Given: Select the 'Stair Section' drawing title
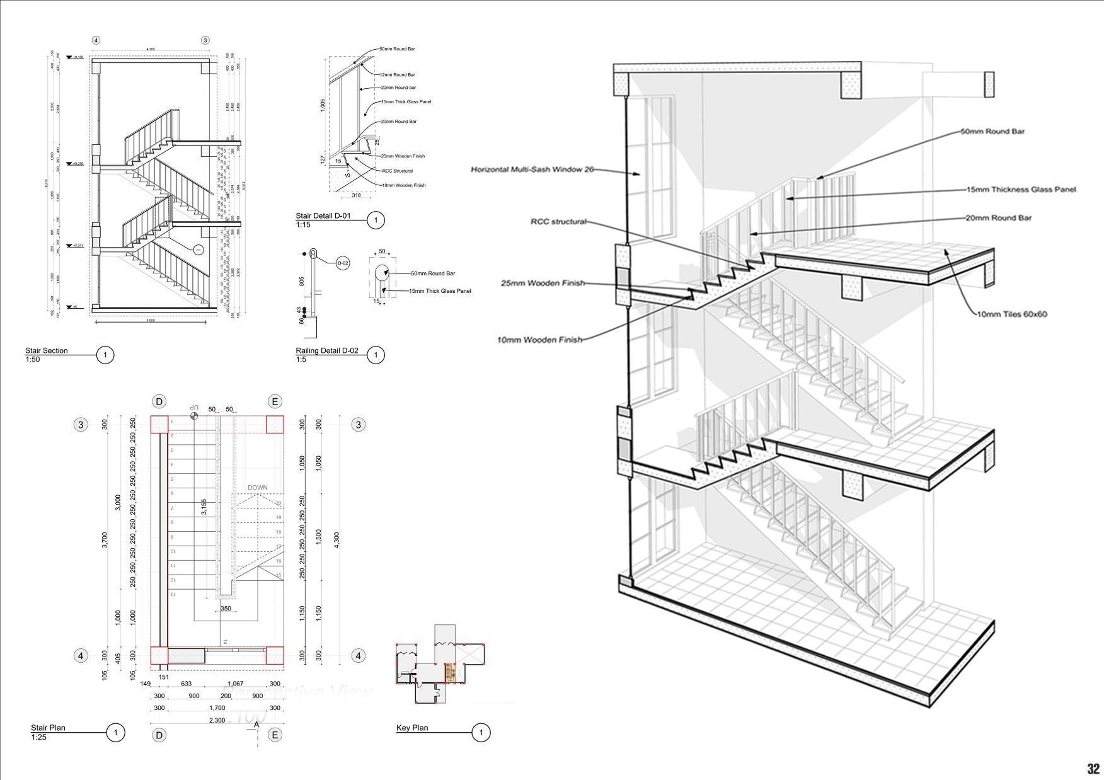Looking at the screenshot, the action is coord(46,351).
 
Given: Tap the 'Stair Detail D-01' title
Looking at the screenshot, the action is coord(323,216).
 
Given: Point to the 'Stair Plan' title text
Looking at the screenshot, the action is coord(48,728).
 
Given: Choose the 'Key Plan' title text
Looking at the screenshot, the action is coord(412,728).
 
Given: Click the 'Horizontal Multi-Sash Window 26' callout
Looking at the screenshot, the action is coord(532,169).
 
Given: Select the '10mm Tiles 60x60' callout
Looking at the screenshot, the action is coord(1012,314).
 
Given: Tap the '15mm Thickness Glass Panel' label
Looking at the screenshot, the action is coord(1021,189).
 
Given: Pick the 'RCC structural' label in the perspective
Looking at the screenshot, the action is coord(558,221).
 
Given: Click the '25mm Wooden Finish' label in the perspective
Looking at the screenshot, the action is coord(543,283).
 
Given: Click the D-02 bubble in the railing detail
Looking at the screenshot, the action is coord(343,263).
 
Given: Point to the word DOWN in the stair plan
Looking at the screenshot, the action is coord(257,488).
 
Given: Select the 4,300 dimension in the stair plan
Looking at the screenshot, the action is coord(336,540).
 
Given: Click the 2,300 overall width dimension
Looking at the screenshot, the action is coord(217,720).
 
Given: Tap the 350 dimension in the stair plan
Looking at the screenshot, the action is coord(226,609).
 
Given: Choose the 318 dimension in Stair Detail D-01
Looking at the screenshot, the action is coord(356,195).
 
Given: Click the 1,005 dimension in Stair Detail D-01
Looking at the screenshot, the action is coord(323,105).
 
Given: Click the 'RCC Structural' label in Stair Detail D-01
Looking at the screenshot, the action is coord(398,171).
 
